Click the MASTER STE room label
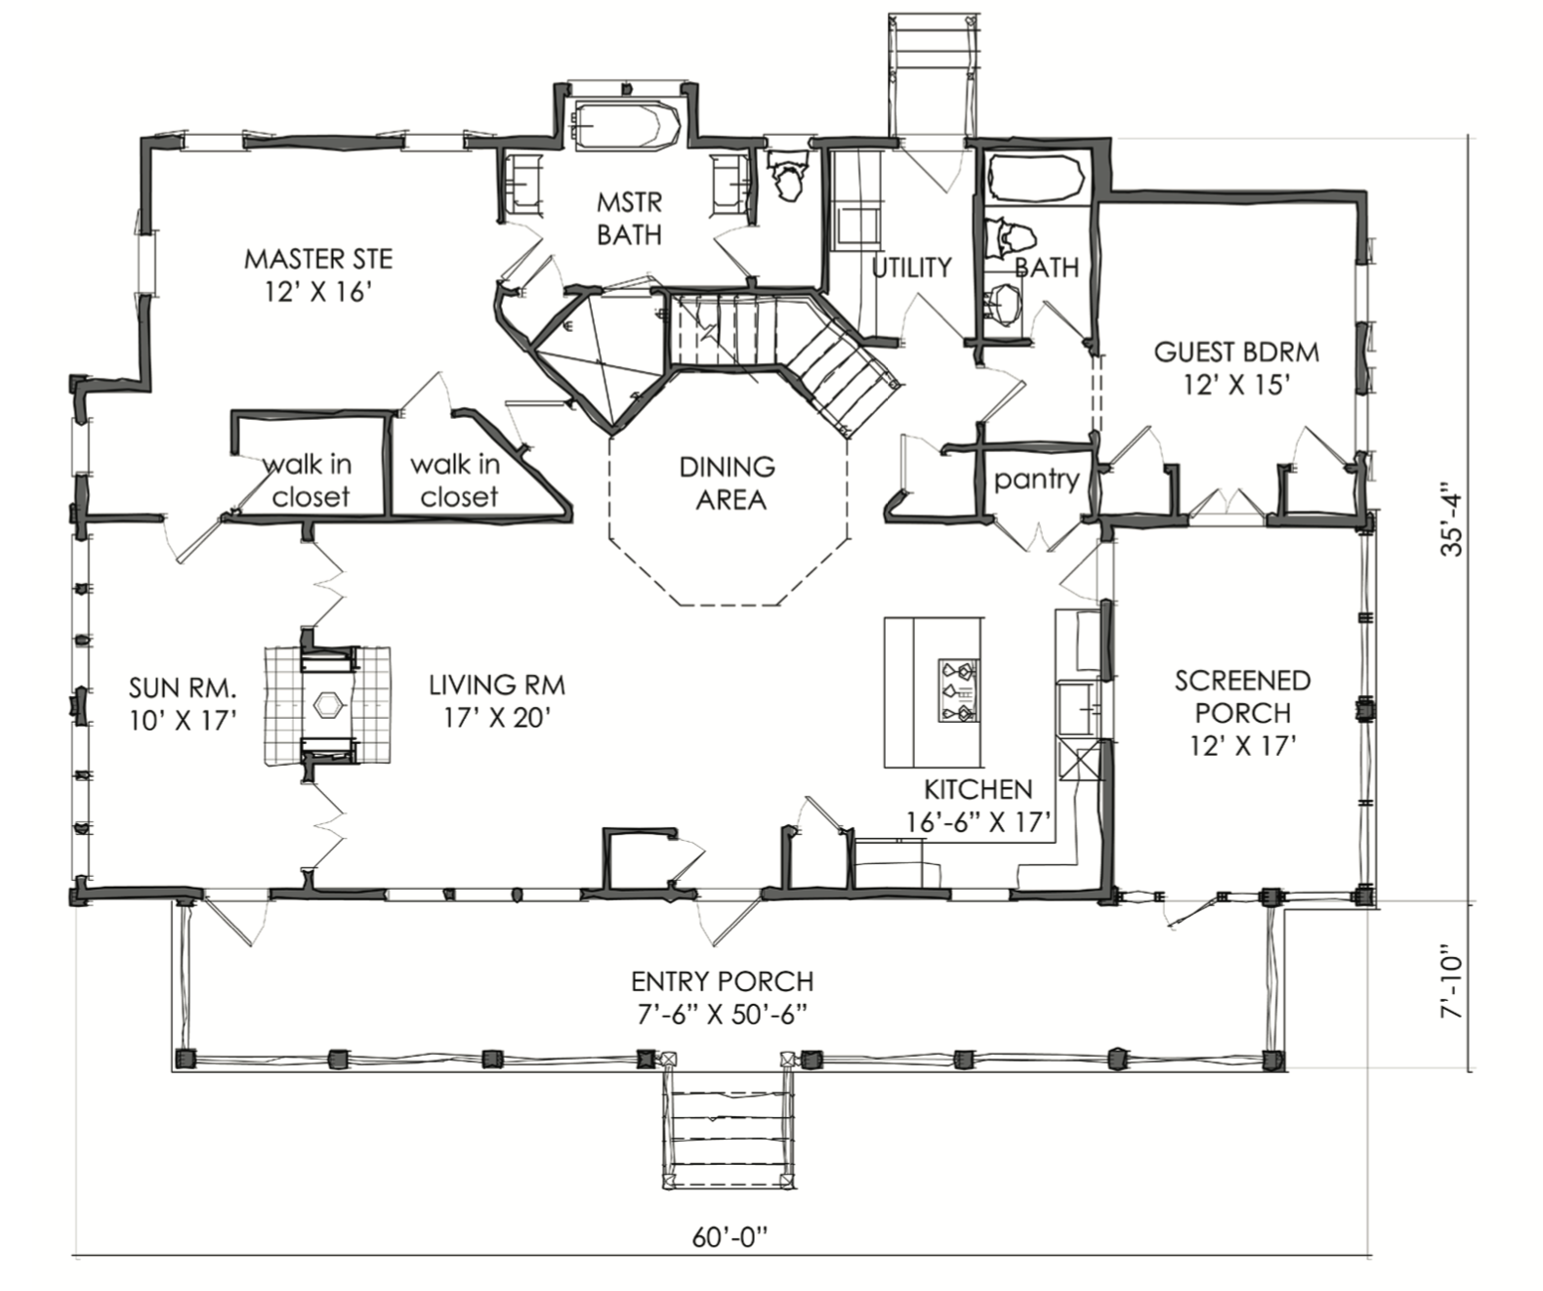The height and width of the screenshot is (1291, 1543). [318, 260]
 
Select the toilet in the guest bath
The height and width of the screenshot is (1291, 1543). [1010, 236]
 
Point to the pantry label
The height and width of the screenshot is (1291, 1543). [1036, 479]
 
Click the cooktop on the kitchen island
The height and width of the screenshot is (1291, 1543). [958, 691]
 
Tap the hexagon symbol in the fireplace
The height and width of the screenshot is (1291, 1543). [327, 705]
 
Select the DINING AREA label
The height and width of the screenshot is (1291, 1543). [728, 483]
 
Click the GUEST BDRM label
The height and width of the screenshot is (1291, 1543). [1236, 352]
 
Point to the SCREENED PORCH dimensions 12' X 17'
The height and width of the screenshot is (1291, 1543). [1243, 746]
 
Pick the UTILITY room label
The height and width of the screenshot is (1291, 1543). [912, 267]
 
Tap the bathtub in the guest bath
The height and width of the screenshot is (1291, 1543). [1036, 178]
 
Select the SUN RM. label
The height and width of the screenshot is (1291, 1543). [183, 688]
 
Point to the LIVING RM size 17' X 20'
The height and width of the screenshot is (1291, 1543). [497, 717]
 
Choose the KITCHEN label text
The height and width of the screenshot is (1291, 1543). [979, 789]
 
